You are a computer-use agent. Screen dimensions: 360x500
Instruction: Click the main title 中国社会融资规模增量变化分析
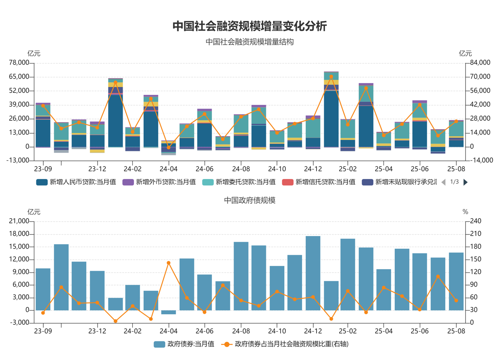click(x=250, y=26)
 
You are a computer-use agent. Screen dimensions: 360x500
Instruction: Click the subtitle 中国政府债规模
click(x=250, y=200)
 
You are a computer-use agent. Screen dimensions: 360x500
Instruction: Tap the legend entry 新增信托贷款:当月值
click(x=319, y=182)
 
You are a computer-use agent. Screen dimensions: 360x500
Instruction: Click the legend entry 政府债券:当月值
click(x=184, y=344)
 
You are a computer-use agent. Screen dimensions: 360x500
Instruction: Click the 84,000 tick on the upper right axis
click(x=481, y=63)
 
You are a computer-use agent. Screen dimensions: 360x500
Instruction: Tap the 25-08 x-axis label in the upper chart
click(x=456, y=168)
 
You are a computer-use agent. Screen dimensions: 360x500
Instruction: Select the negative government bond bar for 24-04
click(x=168, y=312)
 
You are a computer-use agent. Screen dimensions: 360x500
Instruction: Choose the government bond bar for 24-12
click(x=313, y=273)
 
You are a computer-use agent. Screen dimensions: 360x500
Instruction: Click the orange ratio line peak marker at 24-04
click(x=168, y=263)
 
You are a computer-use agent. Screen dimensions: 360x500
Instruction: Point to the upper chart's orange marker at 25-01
click(x=331, y=77)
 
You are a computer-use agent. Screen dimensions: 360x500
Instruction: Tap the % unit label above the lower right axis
click(x=465, y=212)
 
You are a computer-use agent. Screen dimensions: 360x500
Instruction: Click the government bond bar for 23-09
click(x=43, y=289)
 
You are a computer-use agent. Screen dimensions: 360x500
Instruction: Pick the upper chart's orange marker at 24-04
click(x=168, y=147)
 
